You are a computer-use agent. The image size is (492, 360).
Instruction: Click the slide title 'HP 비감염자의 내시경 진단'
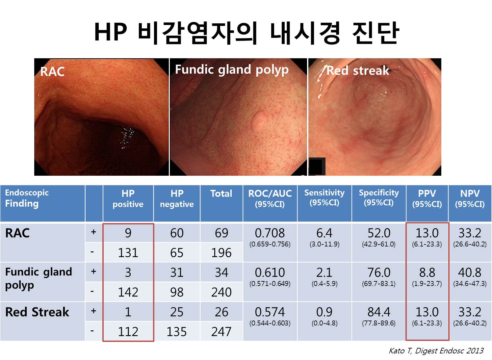click(246, 33)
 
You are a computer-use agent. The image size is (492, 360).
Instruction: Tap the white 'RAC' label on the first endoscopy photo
click(52, 72)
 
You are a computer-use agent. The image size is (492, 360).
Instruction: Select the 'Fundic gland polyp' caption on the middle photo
click(232, 70)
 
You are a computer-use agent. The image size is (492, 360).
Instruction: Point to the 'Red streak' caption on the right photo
click(358, 70)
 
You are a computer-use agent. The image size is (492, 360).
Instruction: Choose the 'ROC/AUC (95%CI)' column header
click(270, 198)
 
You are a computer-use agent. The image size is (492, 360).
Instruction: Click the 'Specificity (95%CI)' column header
click(379, 197)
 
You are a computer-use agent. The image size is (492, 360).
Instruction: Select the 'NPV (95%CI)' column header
click(470, 198)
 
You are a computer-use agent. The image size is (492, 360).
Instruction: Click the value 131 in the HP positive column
click(128, 253)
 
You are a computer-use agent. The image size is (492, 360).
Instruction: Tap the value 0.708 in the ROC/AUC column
click(270, 233)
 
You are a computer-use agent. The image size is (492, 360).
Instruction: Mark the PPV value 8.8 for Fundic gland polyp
click(427, 272)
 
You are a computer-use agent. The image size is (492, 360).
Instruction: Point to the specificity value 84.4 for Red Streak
click(379, 312)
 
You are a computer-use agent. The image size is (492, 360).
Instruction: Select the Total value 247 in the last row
click(221, 332)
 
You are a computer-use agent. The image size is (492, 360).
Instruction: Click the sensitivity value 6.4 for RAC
click(324, 233)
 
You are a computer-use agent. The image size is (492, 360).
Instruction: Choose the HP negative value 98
click(177, 292)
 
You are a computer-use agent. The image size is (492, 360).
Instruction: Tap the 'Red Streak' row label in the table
click(37, 312)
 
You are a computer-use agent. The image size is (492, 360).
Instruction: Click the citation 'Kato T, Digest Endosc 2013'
click(436, 350)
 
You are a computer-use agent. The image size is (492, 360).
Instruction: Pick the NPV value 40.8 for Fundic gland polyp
click(470, 272)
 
